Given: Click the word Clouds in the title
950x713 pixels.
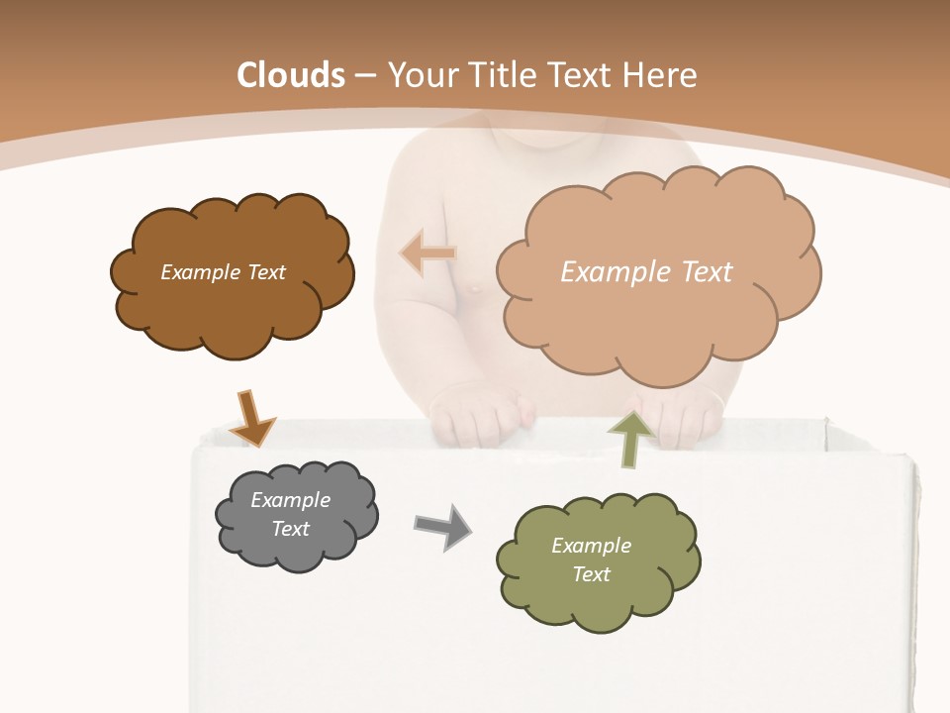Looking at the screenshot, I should [x=291, y=75].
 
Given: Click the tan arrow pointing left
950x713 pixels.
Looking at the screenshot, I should [x=428, y=254].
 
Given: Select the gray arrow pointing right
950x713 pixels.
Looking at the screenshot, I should [x=442, y=526].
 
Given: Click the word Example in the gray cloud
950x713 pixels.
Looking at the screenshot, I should [x=290, y=500].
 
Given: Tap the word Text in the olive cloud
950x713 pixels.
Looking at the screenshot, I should [x=591, y=574].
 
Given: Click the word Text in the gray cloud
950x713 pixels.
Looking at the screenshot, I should [x=290, y=529].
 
